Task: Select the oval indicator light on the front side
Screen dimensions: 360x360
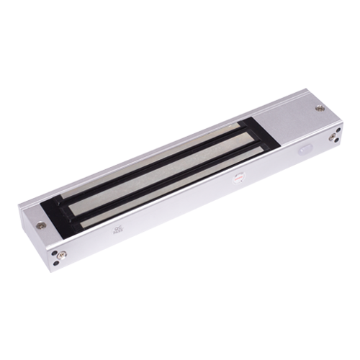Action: click(x=303, y=153)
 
